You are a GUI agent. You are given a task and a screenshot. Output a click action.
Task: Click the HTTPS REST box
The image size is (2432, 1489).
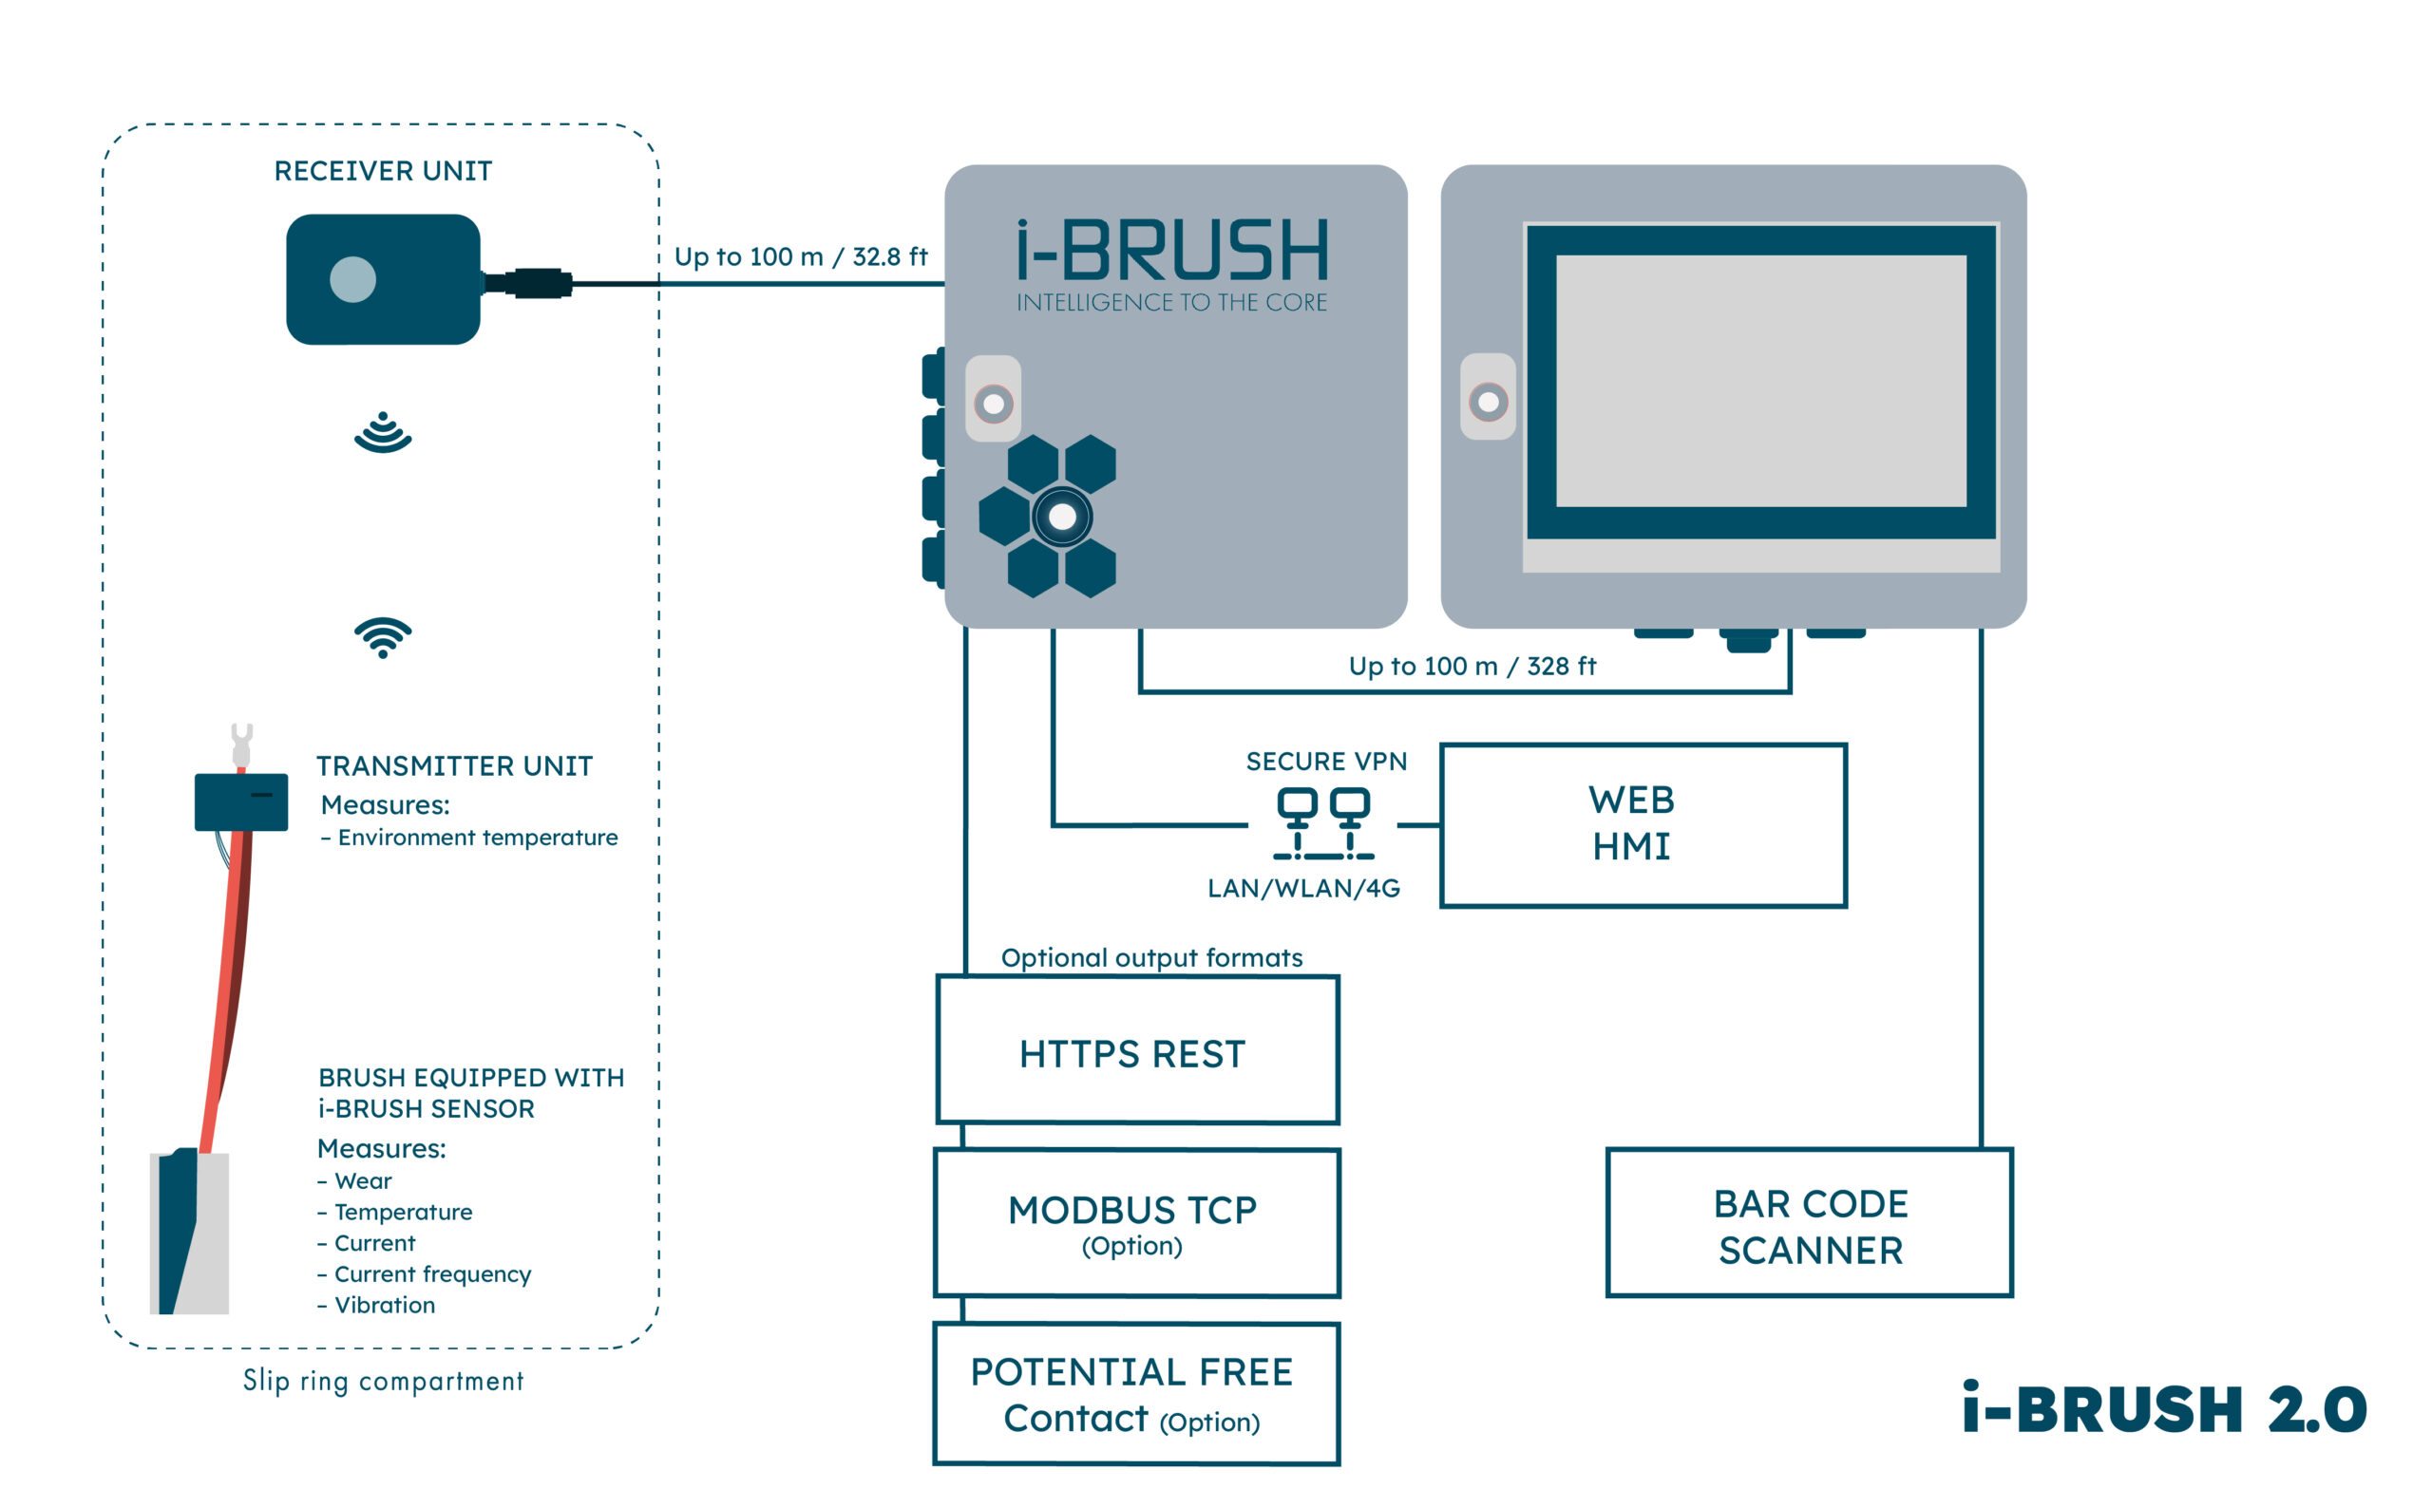point(1137,1050)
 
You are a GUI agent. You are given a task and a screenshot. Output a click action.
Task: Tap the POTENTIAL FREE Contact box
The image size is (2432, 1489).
point(1137,1393)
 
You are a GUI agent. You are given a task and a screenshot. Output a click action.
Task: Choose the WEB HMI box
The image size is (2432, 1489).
point(1643,825)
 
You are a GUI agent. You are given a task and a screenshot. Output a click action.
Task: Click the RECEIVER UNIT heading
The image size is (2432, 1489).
point(383,171)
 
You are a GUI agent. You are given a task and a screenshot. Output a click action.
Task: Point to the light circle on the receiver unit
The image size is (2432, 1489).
point(352,279)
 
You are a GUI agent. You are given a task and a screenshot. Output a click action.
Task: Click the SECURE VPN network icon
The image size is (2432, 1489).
point(1323,823)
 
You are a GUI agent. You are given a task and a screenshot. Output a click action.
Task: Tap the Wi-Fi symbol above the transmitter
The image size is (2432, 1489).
point(383,636)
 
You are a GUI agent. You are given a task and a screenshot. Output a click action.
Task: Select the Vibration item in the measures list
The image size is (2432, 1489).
point(384,1305)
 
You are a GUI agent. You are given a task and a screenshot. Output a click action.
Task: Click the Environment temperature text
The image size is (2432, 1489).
point(478,837)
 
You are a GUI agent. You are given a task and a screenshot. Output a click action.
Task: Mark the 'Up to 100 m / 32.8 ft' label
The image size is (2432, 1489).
point(801,256)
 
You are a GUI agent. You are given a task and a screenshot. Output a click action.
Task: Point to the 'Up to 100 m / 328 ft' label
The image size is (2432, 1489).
point(1472,666)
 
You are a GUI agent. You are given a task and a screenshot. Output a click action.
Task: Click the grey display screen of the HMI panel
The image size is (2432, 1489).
point(1761,381)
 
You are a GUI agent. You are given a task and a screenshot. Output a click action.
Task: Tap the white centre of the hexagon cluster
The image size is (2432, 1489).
point(1062,516)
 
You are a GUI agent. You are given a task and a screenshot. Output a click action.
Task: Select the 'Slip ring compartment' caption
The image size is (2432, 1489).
point(383,1381)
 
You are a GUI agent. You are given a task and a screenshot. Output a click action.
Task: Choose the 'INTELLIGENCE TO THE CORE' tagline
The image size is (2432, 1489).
point(1171,303)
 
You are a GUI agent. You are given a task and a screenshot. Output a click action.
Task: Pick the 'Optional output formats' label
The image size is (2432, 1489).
point(1150,957)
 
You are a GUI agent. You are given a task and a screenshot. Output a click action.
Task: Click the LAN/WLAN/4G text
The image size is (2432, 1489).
point(1302,888)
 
